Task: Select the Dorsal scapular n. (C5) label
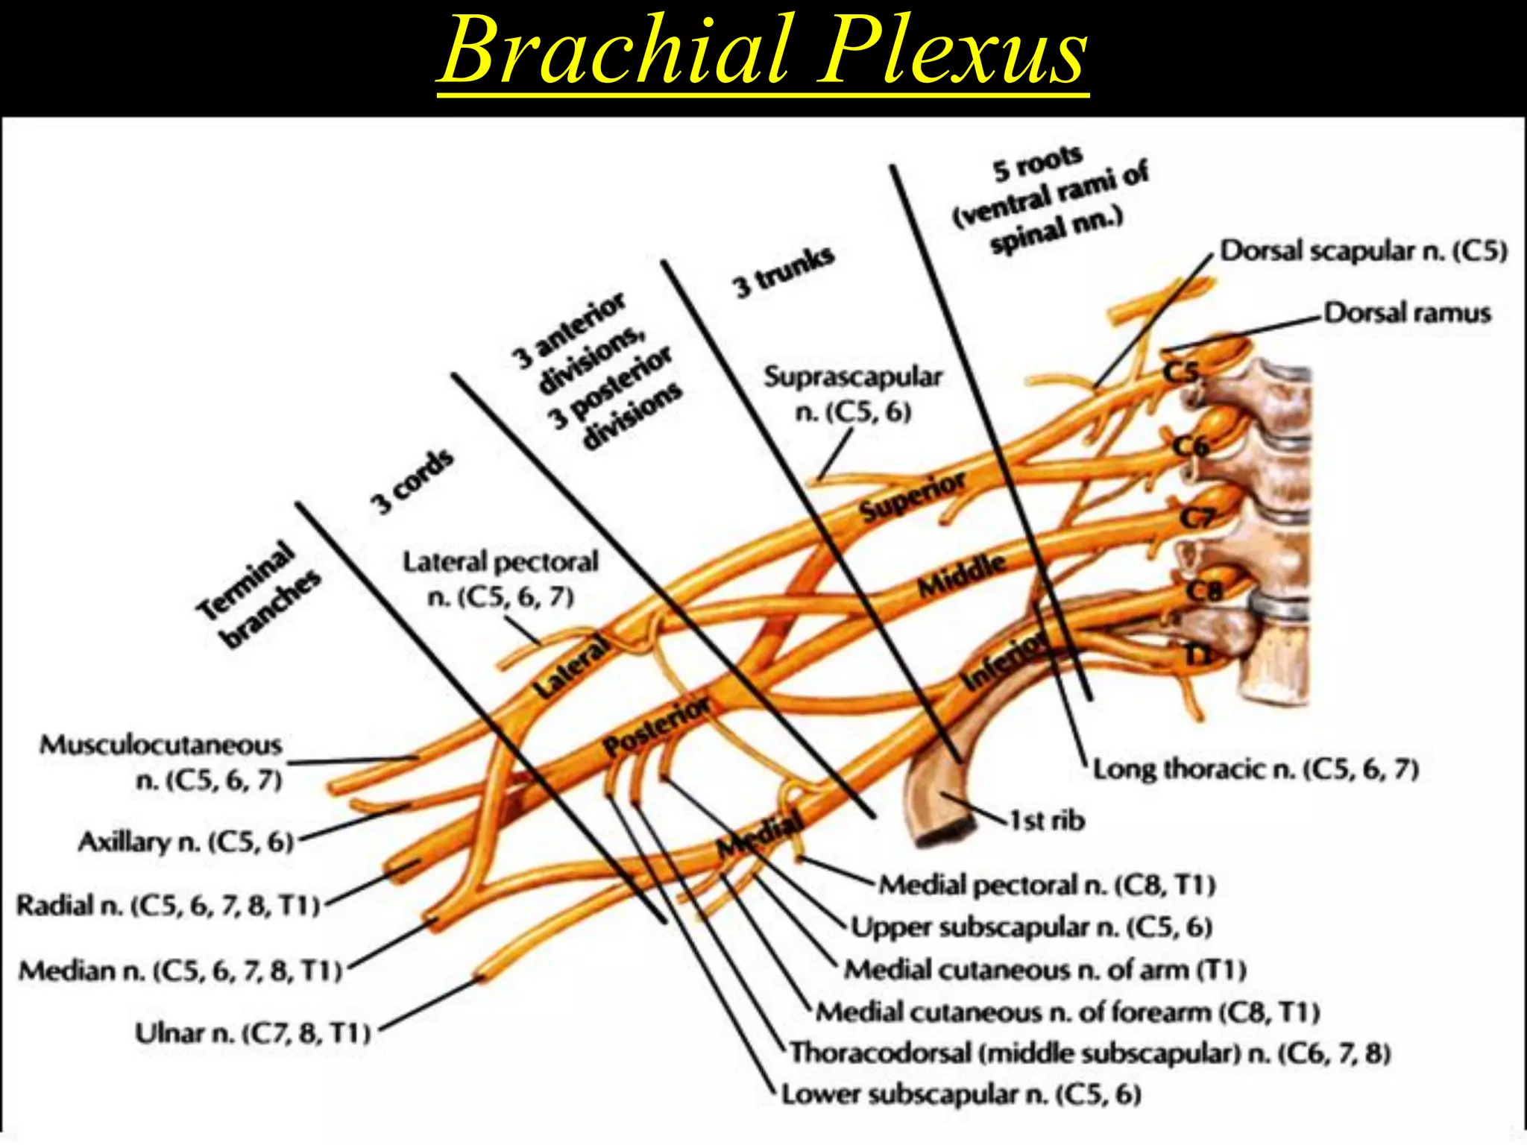[x=1363, y=251]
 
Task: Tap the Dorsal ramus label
[x=1407, y=313]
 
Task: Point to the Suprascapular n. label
[x=853, y=394]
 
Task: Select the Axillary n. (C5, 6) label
[x=186, y=842]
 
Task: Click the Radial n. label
[x=169, y=906]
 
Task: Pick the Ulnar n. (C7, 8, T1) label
[x=253, y=1033]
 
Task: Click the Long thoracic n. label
[x=1256, y=769]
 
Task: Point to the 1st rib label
[x=1047, y=821]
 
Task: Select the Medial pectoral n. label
[x=1047, y=885]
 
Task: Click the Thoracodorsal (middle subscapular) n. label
[x=1090, y=1053]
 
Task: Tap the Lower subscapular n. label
[x=961, y=1094]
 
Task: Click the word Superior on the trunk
[x=913, y=498]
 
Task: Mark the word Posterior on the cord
[x=656, y=726]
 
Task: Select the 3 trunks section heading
[x=783, y=271]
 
